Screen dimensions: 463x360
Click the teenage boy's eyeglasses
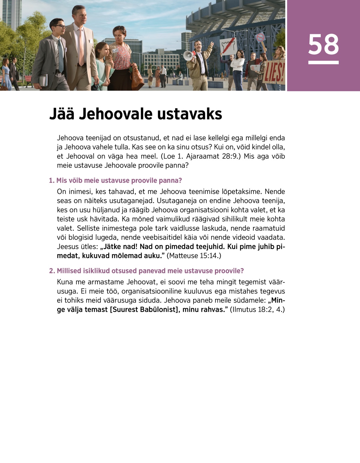pyautogui.click(x=60, y=26)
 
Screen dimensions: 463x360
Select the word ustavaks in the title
pyautogui.click(x=189, y=114)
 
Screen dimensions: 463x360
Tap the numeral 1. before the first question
pyautogui.click(x=52, y=181)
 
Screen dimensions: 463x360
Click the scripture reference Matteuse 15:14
pyautogui.click(x=194, y=256)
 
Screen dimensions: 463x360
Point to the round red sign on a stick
pyautogui.click(x=260, y=38)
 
